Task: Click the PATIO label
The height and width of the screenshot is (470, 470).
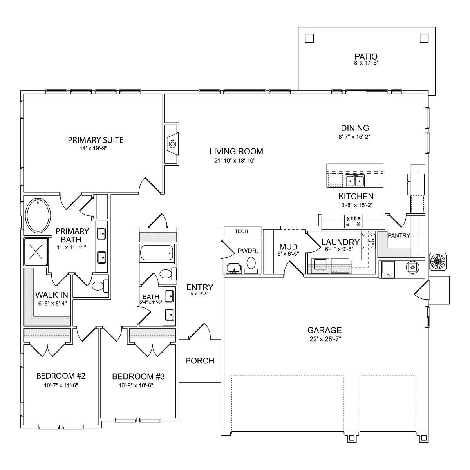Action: (366, 56)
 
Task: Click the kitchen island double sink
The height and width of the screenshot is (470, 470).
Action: (355, 181)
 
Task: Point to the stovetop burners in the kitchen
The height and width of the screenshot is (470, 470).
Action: (353, 221)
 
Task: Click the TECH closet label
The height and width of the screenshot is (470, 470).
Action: (241, 231)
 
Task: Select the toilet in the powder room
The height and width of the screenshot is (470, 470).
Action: (251, 266)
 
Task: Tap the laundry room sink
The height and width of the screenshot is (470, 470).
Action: (368, 242)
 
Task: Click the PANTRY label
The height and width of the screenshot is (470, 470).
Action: (399, 236)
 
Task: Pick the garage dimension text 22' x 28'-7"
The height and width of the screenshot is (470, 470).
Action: (325, 339)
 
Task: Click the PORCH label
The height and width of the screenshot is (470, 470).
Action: (200, 361)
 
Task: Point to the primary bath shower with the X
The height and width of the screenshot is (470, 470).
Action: (36, 251)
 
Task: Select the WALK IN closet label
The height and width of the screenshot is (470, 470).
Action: (52, 295)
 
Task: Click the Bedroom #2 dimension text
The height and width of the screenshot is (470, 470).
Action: (61, 385)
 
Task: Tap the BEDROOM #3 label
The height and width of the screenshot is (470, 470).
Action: (138, 376)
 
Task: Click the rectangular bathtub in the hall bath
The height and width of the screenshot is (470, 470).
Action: (157, 253)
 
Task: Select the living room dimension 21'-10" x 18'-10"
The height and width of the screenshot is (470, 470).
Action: (235, 161)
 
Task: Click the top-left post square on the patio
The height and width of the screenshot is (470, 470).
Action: (309, 38)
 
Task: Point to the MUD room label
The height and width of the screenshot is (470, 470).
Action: (288, 247)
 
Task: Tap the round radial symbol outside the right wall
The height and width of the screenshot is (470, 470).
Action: (438, 262)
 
